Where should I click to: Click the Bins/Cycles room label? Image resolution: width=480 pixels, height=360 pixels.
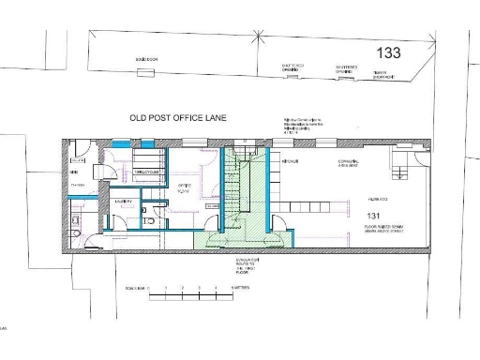(x=149, y=172)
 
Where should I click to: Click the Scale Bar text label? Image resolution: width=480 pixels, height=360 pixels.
(x=135, y=288)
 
